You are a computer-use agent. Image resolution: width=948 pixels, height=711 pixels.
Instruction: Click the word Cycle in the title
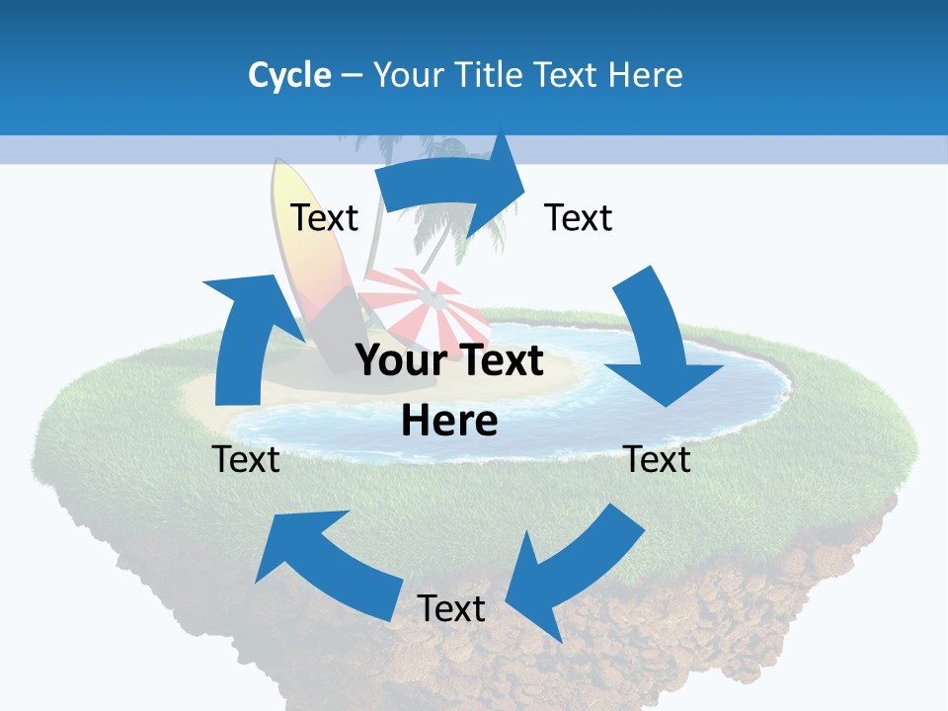(289, 75)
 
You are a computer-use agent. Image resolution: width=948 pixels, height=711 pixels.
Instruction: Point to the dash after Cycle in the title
(352, 76)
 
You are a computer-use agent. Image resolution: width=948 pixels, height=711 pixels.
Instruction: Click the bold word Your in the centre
(399, 361)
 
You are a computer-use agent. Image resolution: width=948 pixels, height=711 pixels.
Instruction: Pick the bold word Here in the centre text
(449, 421)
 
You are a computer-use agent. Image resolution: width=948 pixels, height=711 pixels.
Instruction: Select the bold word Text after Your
(498, 361)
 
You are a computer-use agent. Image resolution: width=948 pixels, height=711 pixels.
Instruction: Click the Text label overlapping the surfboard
(325, 217)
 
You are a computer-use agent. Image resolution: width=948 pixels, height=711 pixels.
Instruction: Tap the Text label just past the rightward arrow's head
(579, 217)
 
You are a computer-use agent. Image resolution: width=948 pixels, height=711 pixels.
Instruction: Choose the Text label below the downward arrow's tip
(658, 459)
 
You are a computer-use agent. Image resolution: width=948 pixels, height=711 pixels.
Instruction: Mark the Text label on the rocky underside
(451, 608)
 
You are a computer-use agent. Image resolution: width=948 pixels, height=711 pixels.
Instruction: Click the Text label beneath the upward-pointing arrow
(246, 459)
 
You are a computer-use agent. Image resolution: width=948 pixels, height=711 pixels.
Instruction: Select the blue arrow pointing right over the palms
(454, 188)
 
